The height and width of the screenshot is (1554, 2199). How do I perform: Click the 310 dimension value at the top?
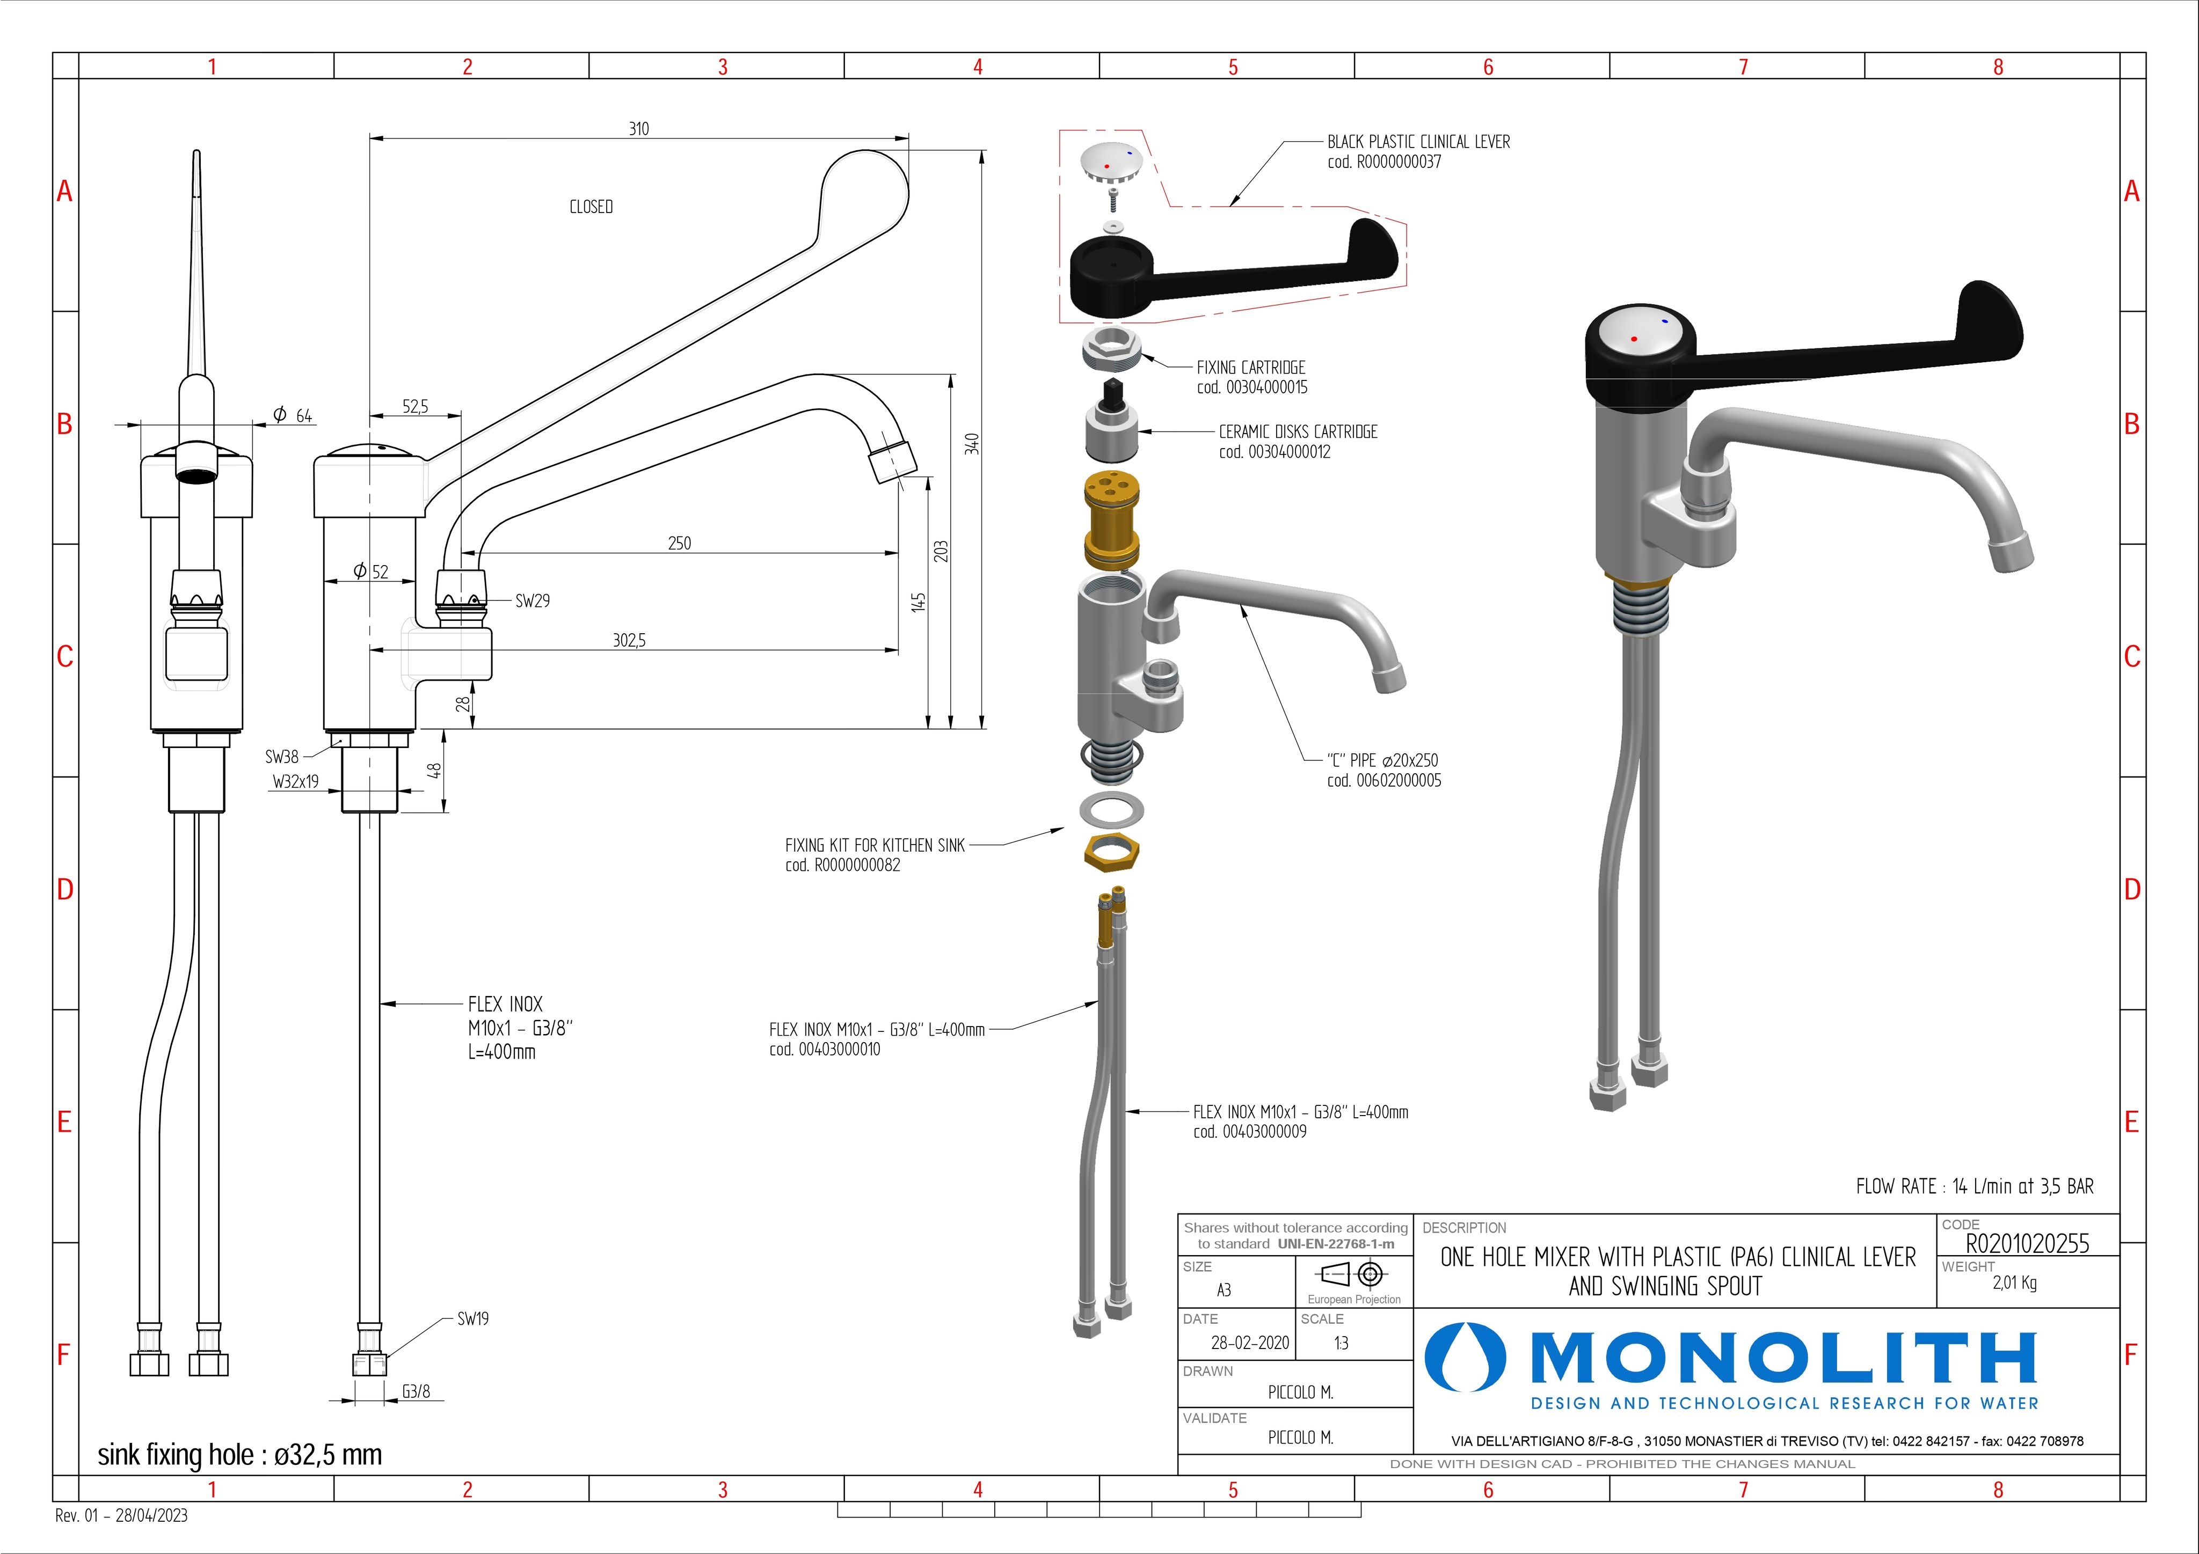[x=639, y=128]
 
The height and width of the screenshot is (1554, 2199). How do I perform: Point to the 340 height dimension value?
[x=972, y=444]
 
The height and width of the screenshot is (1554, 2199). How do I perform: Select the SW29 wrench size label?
[x=533, y=602]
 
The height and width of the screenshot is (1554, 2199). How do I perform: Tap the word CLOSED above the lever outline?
[x=591, y=207]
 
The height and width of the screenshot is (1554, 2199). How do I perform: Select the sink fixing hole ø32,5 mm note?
[x=239, y=1454]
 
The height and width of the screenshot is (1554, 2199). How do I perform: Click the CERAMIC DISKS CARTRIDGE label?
[x=1298, y=432]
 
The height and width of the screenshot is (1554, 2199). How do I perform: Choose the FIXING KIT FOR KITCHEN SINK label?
[x=875, y=846]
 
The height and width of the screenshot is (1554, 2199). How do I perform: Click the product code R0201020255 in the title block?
[x=2027, y=1243]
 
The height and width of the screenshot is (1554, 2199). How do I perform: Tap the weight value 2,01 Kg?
[x=2014, y=1283]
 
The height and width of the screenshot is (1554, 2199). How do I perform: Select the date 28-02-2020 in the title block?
[x=1250, y=1343]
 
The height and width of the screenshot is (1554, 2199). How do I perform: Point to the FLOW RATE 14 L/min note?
[x=1974, y=1186]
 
